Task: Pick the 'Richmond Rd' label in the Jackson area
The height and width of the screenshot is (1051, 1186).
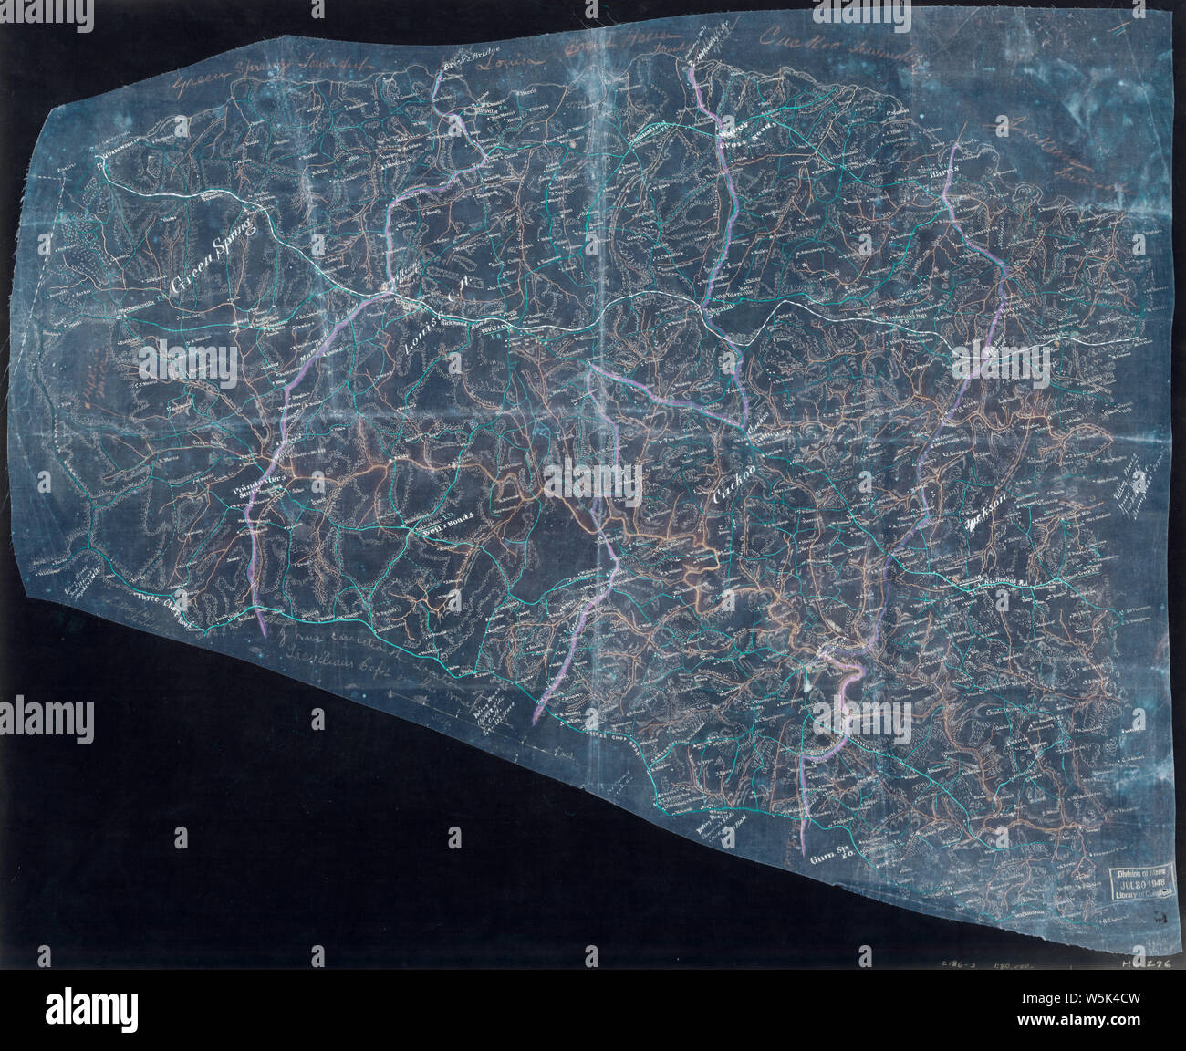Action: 1004,580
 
